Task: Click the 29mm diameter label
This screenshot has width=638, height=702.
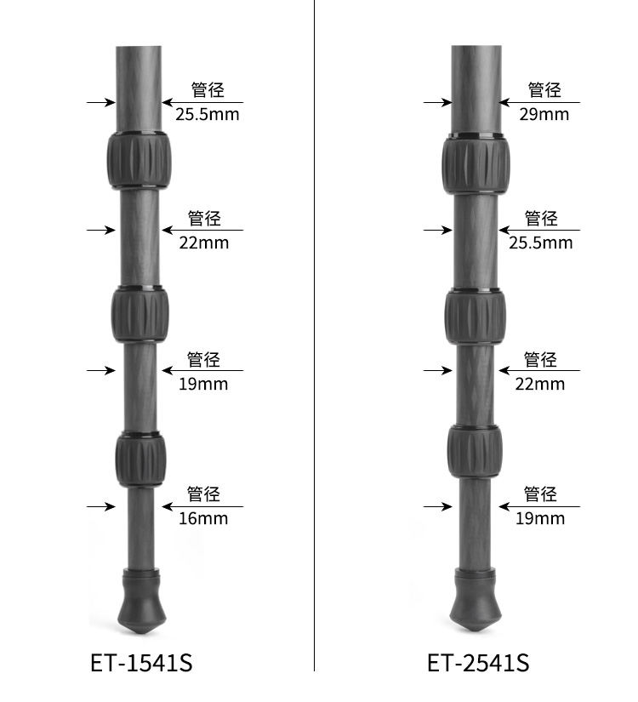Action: point(544,114)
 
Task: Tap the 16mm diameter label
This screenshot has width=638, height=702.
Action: point(203,518)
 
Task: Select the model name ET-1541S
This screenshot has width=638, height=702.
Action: point(141,663)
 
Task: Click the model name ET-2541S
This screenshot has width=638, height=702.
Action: point(478,663)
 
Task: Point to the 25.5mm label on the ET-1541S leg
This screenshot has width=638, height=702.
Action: point(208,114)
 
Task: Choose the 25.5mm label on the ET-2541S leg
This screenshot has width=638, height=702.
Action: point(540,243)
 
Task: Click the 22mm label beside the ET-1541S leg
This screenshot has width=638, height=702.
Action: point(203,243)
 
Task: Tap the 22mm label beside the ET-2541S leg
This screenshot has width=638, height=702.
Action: point(540,384)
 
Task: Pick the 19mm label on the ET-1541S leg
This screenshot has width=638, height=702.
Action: point(203,384)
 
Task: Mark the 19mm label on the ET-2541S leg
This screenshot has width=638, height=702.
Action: point(540,518)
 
